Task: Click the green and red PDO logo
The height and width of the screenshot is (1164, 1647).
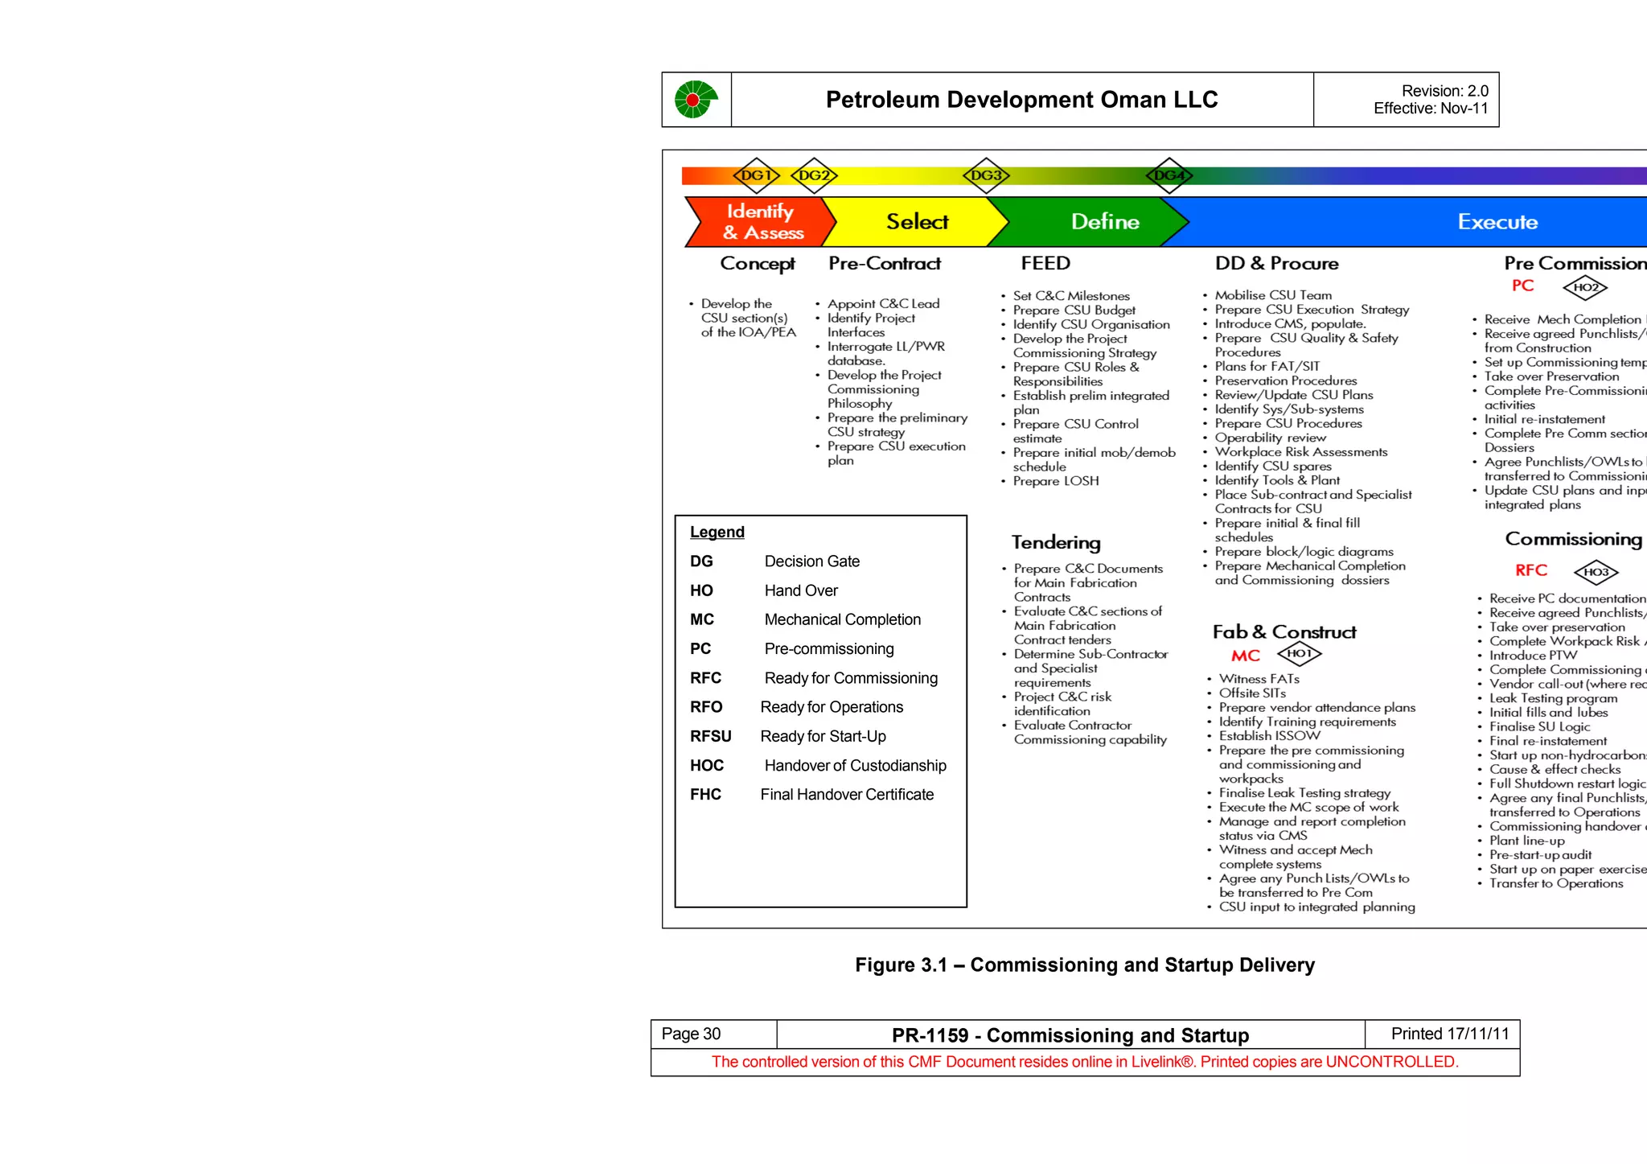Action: coord(696,100)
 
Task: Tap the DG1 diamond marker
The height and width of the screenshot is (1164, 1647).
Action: coord(756,175)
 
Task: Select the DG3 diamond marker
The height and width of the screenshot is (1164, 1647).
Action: coord(986,175)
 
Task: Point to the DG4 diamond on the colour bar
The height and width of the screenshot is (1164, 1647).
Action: coord(1169,175)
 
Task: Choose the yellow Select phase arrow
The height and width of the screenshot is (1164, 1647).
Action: coord(917,222)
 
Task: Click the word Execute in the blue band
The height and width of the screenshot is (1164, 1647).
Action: coord(1497,222)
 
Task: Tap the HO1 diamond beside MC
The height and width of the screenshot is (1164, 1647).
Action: coord(1300,654)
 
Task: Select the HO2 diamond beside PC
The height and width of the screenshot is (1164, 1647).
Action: coord(1585,287)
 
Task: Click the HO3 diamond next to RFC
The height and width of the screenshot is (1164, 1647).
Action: coord(1596,572)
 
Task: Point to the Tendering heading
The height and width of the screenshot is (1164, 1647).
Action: coord(1056,543)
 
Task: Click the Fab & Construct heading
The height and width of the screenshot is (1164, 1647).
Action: coord(1284,632)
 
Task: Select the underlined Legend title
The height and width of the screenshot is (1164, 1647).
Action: coord(717,533)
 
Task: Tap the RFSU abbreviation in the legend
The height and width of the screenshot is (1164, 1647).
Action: coord(711,737)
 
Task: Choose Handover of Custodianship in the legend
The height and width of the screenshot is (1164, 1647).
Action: coord(855,766)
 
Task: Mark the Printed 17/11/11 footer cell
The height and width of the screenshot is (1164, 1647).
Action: coord(1450,1034)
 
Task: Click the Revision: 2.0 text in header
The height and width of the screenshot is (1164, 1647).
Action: coord(1444,91)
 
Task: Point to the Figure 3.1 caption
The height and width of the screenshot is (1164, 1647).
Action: coord(1085,965)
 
